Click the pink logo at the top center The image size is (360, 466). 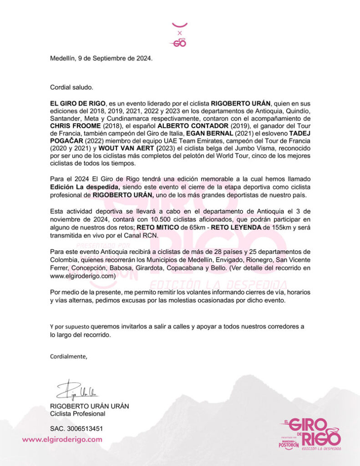[x=179, y=35]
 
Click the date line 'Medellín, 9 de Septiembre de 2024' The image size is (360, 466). [x=101, y=58]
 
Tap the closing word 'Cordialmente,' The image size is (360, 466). [x=69, y=356]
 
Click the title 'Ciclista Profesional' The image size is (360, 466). [x=77, y=414]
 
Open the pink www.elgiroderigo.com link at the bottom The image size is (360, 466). [x=62, y=439]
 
